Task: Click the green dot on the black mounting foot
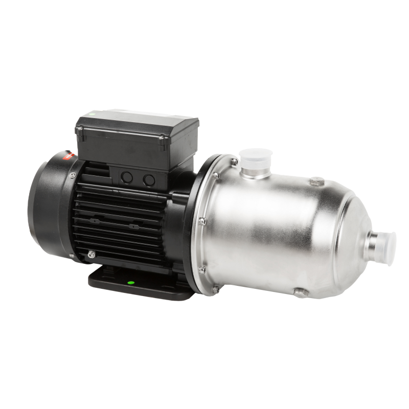[x=130, y=282]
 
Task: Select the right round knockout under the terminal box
[x=149, y=179]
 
